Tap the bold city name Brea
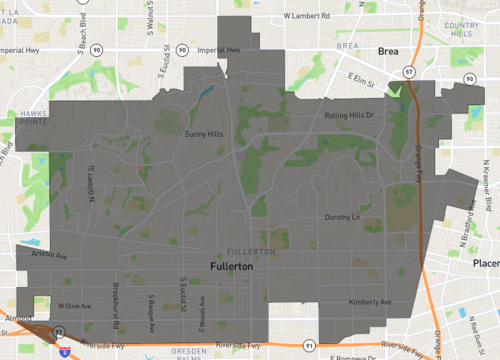tap(388, 49)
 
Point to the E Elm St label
tap(360, 76)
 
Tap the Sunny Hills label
tap(203, 132)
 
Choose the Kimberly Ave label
tap(370, 301)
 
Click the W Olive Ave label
tap(74, 305)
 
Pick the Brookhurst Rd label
tap(116, 300)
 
